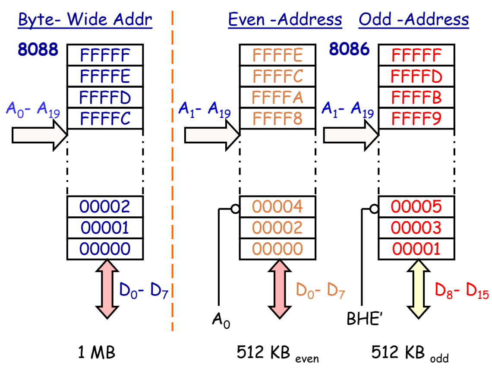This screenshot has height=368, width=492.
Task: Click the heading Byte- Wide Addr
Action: [x=85, y=20]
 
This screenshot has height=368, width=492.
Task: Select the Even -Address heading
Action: [x=285, y=20]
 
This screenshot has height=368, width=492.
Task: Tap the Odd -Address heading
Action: [x=413, y=20]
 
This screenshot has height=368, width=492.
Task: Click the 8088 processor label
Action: [x=38, y=50]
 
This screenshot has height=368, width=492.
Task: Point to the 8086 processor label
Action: [x=349, y=50]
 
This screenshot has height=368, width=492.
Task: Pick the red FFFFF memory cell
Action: [x=416, y=55]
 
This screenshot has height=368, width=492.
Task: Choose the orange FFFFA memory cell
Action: [x=278, y=98]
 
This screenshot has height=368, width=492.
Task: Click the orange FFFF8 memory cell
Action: [x=278, y=118]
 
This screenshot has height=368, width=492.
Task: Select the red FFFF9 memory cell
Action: [x=416, y=118]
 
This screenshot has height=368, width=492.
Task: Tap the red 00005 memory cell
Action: [x=416, y=207]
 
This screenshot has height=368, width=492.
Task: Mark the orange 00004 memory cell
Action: [x=278, y=207]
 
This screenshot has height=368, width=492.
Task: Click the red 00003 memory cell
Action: [x=416, y=228]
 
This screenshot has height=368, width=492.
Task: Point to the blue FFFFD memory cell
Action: [x=105, y=98]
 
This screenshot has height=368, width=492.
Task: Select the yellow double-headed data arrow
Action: [x=418, y=289]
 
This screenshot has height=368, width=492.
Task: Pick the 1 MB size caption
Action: [x=97, y=353]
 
